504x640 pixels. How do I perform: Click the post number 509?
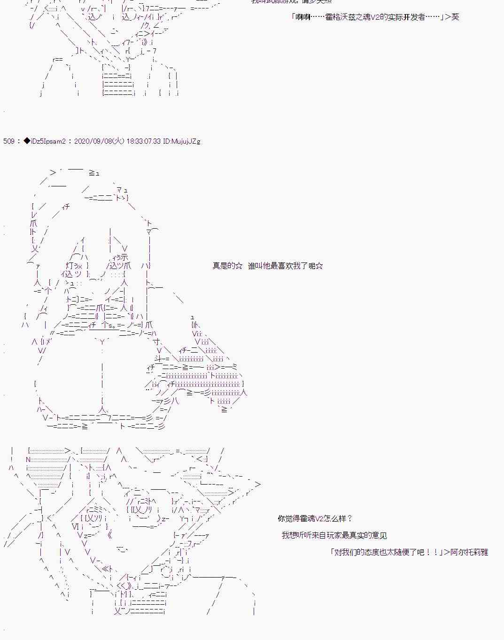(x=8, y=141)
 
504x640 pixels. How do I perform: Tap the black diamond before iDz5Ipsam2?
(x=27, y=141)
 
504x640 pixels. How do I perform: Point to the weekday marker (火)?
(x=119, y=141)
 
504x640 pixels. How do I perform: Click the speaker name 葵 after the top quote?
(x=455, y=17)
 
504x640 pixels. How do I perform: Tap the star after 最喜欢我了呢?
(x=319, y=266)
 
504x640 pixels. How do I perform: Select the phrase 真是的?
(x=223, y=266)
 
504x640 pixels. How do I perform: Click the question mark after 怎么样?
(x=350, y=519)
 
